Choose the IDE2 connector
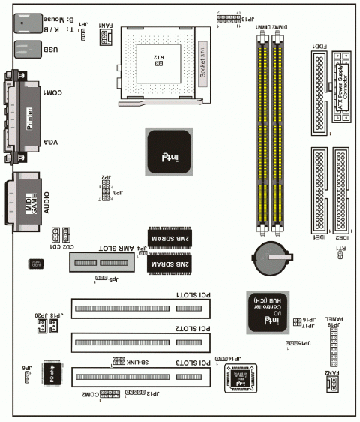pos(342,191)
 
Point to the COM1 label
pos(54,92)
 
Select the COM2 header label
pos(90,393)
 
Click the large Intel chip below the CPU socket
pos(168,152)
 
